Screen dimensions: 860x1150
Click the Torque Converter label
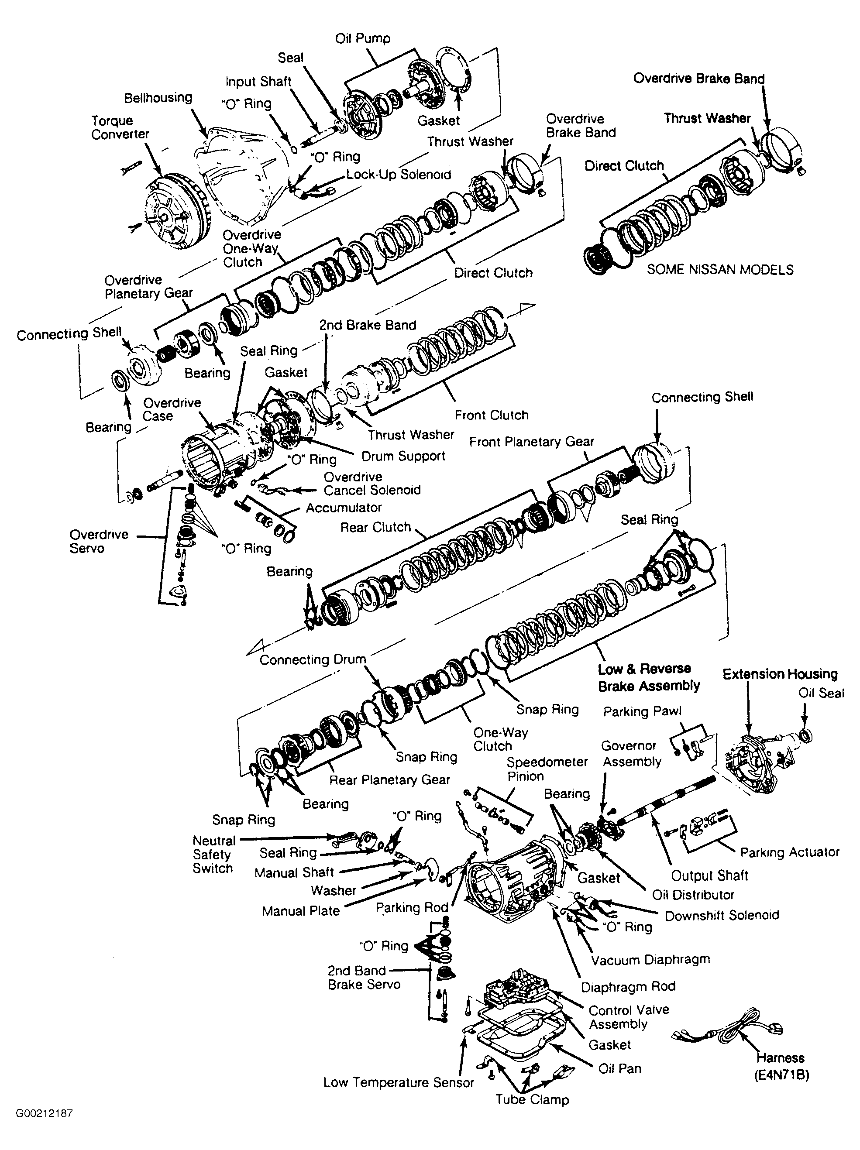(x=120, y=127)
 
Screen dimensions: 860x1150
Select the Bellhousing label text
(x=158, y=98)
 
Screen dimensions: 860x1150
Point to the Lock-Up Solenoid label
(x=399, y=175)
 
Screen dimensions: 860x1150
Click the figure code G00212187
(x=44, y=1113)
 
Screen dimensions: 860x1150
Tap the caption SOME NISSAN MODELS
(x=720, y=270)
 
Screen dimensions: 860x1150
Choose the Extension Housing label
(x=780, y=674)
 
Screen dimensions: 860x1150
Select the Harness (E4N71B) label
(x=781, y=1066)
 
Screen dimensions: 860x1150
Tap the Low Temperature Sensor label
(x=399, y=1082)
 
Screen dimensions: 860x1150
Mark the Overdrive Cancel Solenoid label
(x=372, y=484)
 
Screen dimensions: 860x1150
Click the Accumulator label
(x=344, y=508)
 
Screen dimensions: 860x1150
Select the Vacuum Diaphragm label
(x=650, y=960)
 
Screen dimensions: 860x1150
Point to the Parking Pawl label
(x=642, y=712)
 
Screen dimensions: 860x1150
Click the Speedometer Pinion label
(x=547, y=769)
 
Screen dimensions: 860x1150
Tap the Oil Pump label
(x=363, y=38)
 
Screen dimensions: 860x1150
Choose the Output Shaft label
(x=709, y=876)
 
